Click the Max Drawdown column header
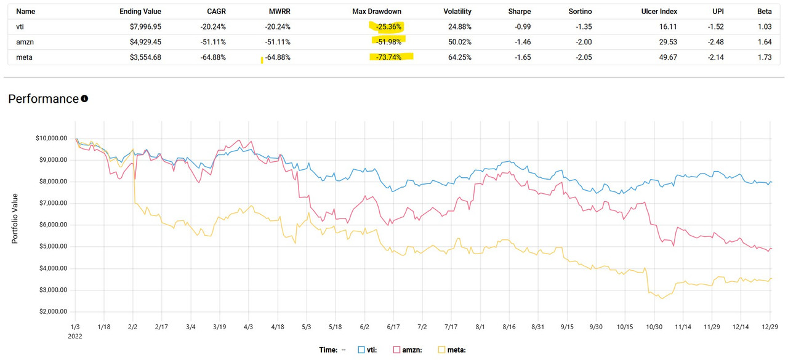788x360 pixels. pyautogui.click(x=376, y=11)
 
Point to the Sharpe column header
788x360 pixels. pyautogui.click(x=520, y=11)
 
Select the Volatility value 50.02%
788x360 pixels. pyautogui.click(x=457, y=42)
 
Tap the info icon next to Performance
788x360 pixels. pyautogui.click(x=84, y=98)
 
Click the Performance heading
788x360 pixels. pyautogui.click(x=43, y=99)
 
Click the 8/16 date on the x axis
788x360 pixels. pyautogui.click(x=509, y=327)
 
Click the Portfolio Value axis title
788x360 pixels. pyautogui.click(x=15, y=218)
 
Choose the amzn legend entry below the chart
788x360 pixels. pyautogui.click(x=409, y=350)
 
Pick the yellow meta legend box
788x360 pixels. pyautogui.click(x=442, y=350)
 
